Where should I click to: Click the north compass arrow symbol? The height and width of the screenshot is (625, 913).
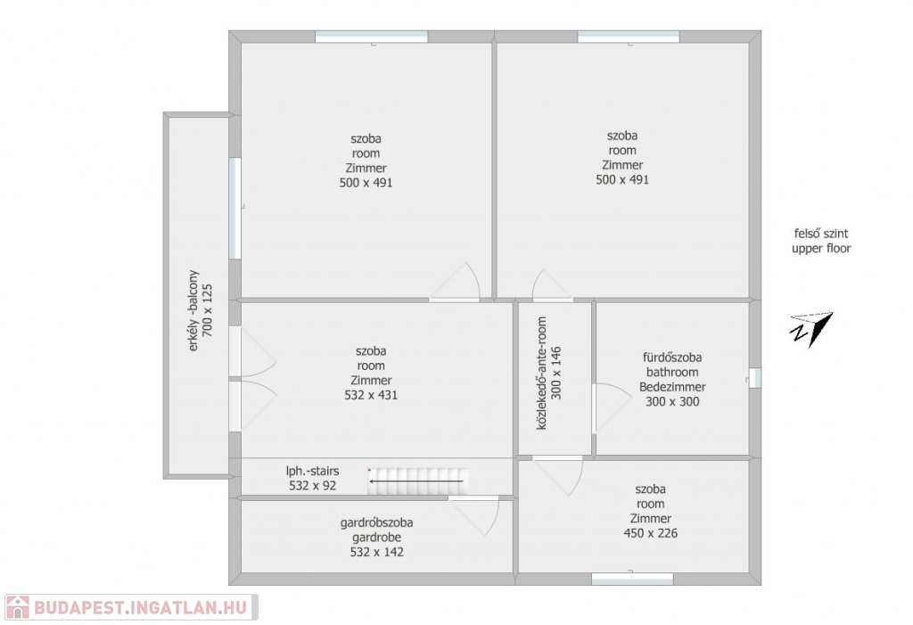coord(811,329)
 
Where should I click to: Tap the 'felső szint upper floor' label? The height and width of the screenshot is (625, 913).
coord(821,241)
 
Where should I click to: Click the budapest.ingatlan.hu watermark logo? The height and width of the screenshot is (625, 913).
coord(132,607)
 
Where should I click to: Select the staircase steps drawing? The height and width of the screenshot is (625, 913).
coord(418,481)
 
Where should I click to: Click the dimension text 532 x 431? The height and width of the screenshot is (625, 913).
coord(371,395)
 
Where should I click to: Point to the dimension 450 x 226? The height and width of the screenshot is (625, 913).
coord(650,533)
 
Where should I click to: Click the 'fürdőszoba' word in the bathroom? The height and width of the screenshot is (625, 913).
coord(672,357)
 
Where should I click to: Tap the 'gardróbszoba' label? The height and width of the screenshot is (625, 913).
coord(377,522)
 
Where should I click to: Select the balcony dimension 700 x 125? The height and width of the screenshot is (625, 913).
coord(207,310)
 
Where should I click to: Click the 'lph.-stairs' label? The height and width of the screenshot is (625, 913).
coord(312,471)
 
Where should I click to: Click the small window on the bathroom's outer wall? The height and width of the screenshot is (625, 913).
coord(754,377)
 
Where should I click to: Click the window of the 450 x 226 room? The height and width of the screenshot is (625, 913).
coord(632,579)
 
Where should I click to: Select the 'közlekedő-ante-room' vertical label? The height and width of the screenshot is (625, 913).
coord(541,374)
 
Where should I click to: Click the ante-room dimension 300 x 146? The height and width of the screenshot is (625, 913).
coord(556,374)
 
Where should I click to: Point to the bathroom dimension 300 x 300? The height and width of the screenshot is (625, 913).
coord(672,401)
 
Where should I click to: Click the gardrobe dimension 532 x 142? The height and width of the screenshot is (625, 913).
coord(377,552)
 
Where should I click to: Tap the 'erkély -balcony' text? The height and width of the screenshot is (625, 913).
coord(193,310)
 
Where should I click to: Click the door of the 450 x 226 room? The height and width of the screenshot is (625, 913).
coord(559,475)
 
